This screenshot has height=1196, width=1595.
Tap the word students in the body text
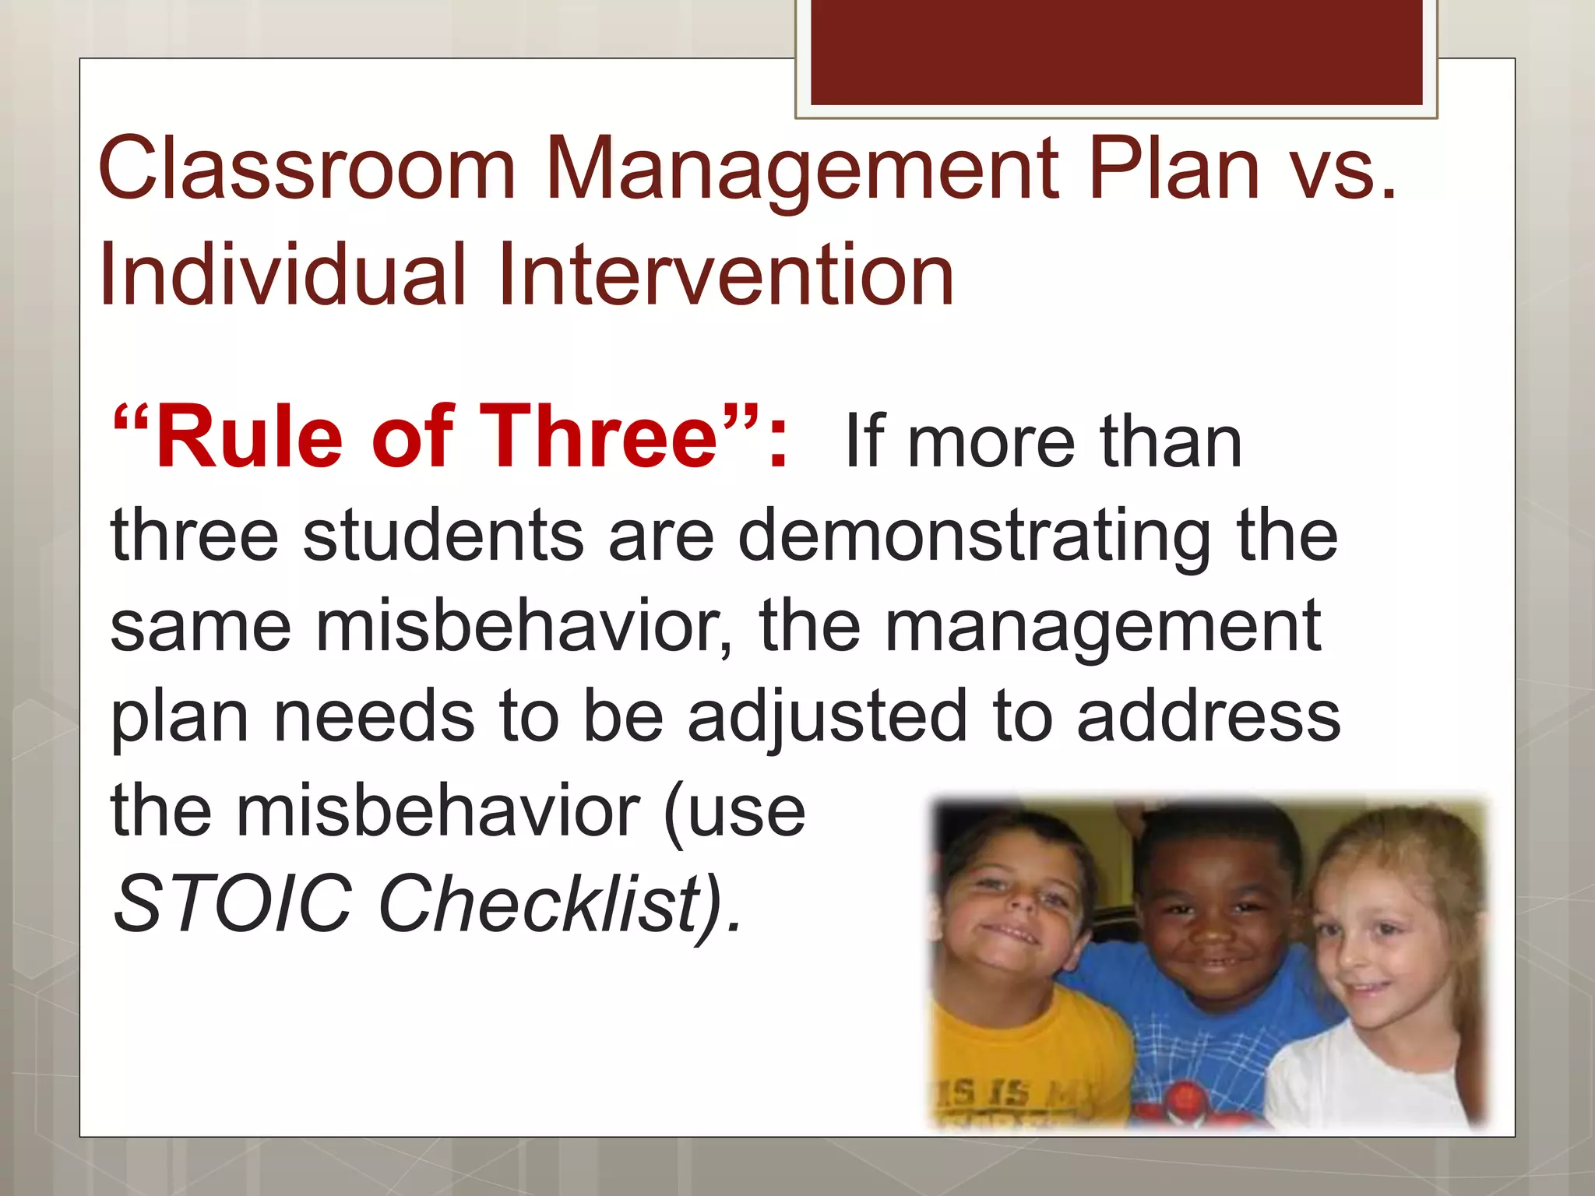(x=443, y=535)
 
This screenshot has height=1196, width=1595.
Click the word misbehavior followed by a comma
(x=521, y=626)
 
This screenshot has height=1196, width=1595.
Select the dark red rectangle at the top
(x=1116, y=53)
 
